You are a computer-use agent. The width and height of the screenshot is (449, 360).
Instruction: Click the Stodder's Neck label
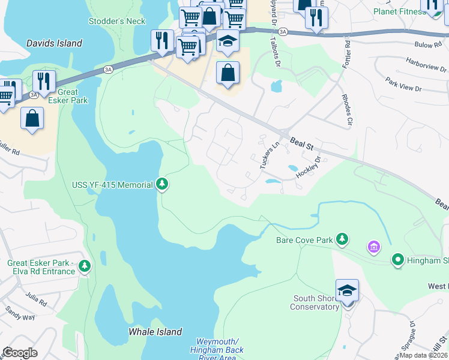(x=117, y=21)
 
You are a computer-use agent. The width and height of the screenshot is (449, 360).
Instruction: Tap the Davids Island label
(x=54, y=44)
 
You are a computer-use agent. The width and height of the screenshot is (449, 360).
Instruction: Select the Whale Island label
(x=155, y=332)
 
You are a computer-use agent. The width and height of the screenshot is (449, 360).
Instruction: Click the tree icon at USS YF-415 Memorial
(x=162, y=184)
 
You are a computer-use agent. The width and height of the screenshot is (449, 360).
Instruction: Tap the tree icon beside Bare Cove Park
(x=342, y=239)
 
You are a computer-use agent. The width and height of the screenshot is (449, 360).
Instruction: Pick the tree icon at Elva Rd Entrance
(x=85, y=265)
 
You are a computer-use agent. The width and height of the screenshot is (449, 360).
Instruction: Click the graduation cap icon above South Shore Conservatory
(x=347, y=291)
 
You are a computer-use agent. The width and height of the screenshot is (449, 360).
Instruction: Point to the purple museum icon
(x=373, y=247)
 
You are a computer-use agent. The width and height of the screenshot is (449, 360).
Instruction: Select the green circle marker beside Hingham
(x=397, y=260)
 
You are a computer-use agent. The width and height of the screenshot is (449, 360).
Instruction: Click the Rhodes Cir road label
(x=346, y=110)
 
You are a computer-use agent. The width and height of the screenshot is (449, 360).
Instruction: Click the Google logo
(x=20, y=353)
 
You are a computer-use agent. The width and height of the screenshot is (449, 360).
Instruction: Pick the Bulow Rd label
(x=428, y=44)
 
